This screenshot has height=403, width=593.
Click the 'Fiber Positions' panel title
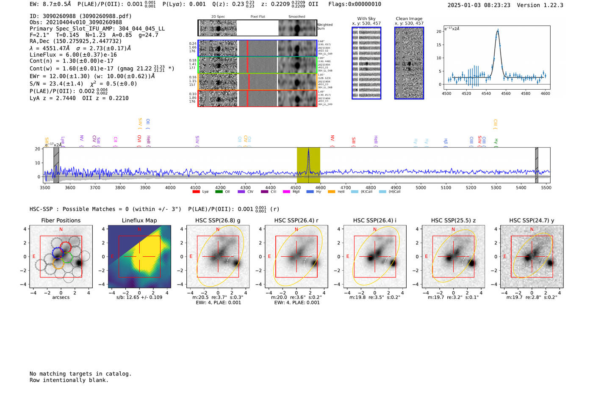pyautogui.click(x=61, y=220)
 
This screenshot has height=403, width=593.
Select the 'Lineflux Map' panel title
pyautogui.click(x=139, y=220)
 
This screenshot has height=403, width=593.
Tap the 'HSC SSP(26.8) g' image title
pyautogui.click(x=218, y=220)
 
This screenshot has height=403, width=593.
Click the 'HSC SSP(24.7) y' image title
pyautogui.click(x=532, y=220)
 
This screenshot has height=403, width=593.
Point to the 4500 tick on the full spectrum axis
pyautogui.click(x=296, y=187)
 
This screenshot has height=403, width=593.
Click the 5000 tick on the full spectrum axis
pyautogui.click(x=421, y=187)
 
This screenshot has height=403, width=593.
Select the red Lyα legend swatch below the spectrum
pyautogui.click(x=196, y=192)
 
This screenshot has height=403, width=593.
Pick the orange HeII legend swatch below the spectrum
pyautogui.click(x=331, y=192)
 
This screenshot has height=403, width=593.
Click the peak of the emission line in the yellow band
pyautogui.click(x=308, y=150)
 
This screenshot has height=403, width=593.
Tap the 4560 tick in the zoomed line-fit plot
pyautogui.click(x=506, y=93)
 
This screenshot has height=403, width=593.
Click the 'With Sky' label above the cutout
pyautogui.click(x=366, y=19)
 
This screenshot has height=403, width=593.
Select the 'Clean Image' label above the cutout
pyautogui.click(x=409, y=19)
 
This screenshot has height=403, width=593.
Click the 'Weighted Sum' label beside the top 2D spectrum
pyautogui.click(x=325, y=27)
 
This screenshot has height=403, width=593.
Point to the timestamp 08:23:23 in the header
pyautogui.click(x=496, y=5)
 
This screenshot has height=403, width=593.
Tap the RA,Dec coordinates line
pyautogui.click(x=75, y=41)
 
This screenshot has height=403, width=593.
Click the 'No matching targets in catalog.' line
pyautogui.click(x=80, y=374)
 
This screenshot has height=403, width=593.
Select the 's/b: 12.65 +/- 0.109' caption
pyautogui.click(x=139, y=297)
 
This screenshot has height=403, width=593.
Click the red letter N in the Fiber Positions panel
pyautogui.click(x=61, y=230)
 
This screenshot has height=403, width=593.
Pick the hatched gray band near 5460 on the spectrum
pyautogui.click(x=537, y=165)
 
